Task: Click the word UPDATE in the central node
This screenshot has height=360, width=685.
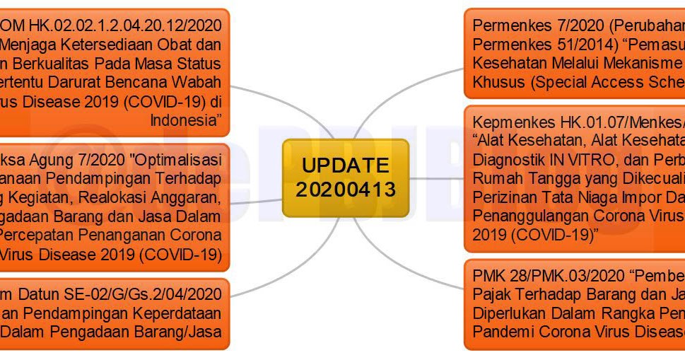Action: click(x=346, y=166)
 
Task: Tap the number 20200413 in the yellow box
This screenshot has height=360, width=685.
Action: click(x=346, y=190)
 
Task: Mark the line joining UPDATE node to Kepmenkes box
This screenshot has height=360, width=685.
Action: click(x=437, y=178)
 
